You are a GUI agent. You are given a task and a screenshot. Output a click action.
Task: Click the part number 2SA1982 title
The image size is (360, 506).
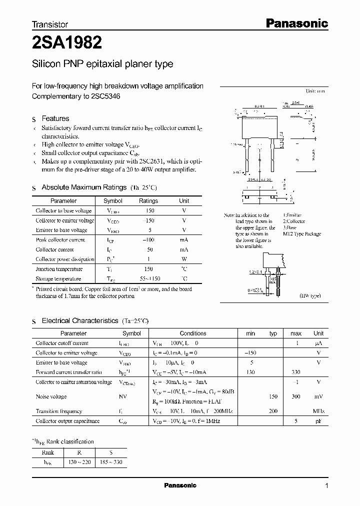[67, 43]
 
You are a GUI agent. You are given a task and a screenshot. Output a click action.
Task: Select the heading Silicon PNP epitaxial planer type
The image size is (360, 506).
[102, 64]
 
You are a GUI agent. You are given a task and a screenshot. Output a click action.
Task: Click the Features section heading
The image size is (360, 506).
[55, 118]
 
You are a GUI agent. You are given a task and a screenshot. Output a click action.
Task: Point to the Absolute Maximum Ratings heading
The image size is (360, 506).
[83, 187]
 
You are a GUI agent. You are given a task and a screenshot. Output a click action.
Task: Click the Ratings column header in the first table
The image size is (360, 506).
[148, 201]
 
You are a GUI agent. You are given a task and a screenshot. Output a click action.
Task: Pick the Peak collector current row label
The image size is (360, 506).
[60, 240]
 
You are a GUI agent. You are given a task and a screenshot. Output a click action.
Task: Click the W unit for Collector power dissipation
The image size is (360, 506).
[184, 259]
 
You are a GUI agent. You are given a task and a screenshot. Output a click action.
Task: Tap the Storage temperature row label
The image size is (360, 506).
[58, 279]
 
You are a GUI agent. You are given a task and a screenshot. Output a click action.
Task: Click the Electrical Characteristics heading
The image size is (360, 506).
[79, 320]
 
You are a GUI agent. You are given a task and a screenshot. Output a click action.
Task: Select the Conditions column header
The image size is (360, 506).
[193, 333]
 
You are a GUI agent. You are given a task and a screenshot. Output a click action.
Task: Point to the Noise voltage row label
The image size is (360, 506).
[51, 396]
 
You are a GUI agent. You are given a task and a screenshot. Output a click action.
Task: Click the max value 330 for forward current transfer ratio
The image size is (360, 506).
[296, 372]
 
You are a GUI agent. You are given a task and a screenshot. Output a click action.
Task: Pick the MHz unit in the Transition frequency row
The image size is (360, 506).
[318, 411]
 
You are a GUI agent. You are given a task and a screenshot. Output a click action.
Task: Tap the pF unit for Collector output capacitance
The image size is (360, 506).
[318, 421]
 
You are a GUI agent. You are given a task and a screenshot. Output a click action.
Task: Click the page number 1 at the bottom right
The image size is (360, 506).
[326, 485]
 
